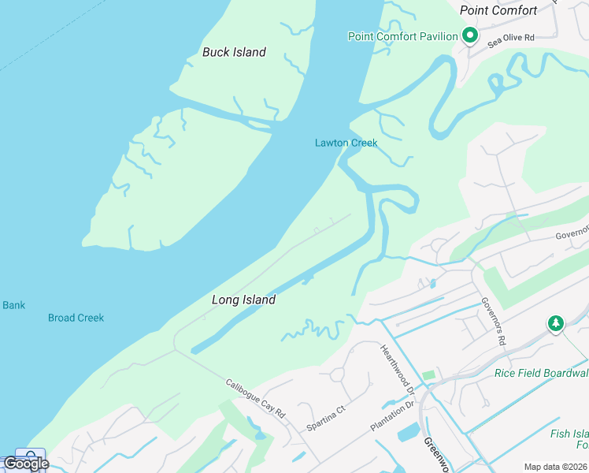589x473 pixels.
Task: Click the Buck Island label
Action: click(x=234, y=52)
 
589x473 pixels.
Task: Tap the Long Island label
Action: click(x=243, y=300)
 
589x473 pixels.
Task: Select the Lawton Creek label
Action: click(x=346, y=143)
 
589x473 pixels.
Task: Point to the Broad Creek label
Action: click(x=76, y=318)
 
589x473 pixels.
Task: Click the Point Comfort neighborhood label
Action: click(x=498, y=10)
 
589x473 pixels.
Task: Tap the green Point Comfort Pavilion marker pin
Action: click(x=470, y=35)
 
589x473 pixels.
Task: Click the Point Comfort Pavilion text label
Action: click(x=402, y=36)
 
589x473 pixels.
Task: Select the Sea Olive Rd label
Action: click(x=510, y=39)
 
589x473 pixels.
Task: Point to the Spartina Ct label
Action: click(x=326, y=419)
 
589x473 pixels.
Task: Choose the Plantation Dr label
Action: click(x=392, y=415)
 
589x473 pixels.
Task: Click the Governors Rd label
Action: click(x=492, y=321)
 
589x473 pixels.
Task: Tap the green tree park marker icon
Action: click(x=556, y=323)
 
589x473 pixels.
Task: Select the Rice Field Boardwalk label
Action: click(x=541, y=373)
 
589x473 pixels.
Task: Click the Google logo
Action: click(x=25, y=464)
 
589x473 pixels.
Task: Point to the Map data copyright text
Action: click(x=554, y=467)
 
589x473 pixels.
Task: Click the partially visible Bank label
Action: click(x=13, y=305)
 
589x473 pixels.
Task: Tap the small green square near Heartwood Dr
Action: click(x=428, y=374)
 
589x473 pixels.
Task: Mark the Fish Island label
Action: click(x=569, y=434)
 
